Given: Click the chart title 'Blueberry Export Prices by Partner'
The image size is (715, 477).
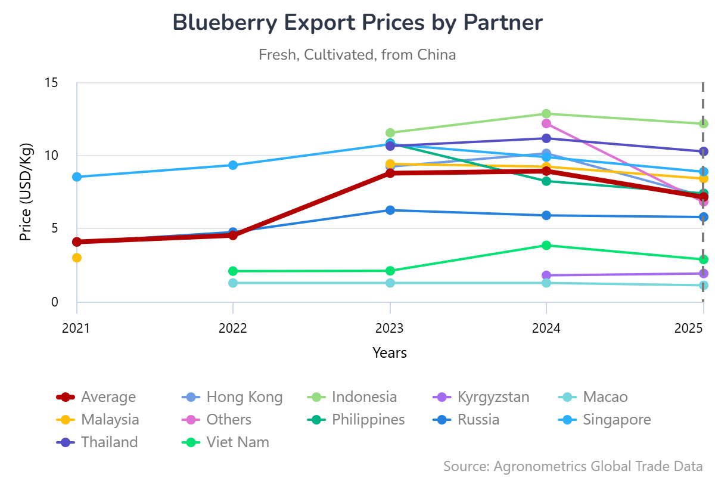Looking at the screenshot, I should point(357,23).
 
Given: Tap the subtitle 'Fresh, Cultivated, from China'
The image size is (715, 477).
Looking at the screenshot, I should point(357,55).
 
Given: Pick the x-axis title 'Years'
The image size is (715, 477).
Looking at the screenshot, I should point(390,352).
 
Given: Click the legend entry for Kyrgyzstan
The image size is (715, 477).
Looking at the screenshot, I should point(493,397).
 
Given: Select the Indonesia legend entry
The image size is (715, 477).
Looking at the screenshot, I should point(363,397).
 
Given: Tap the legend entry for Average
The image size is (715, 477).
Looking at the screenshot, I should point(108,397).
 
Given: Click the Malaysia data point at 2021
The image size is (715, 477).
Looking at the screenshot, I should point(77,258).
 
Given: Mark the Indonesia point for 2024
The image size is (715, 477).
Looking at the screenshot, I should point(546,113).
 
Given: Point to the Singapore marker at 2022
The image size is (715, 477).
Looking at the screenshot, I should point(233,165).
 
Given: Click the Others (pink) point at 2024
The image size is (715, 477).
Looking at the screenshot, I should point(546,123).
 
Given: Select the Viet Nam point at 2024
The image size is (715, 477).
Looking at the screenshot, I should point(546,245).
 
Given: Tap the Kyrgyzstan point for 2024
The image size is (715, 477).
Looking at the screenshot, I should point(546,275).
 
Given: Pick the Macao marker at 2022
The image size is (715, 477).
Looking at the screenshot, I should point(233,283).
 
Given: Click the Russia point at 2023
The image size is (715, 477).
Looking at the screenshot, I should point(390,210).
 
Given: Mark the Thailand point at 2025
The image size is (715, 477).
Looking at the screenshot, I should point(703,151).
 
